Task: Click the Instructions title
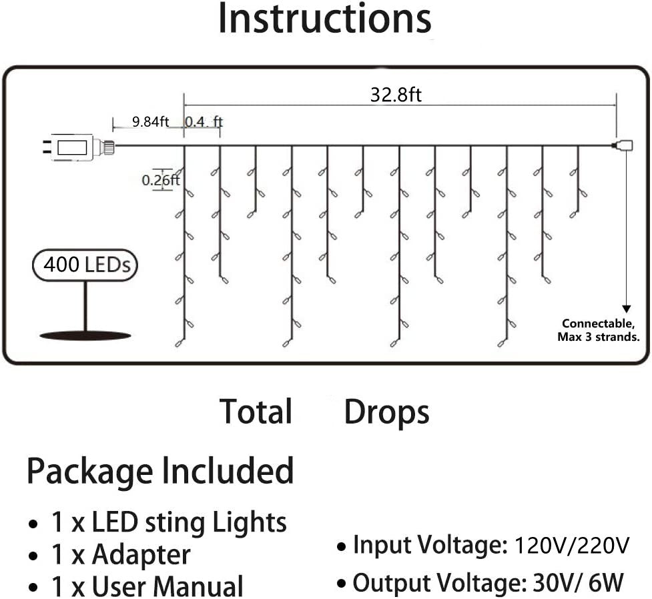tap(324, 19)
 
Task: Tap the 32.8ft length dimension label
tap(396, 95)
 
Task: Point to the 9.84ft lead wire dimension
tap(150, 121)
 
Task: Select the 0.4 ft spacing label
tap(203, 121)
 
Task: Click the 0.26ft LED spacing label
tap(160, 179)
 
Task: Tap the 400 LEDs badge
tap(86, 265)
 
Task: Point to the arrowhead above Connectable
tap(626, 308)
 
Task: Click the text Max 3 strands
tap(599, 338)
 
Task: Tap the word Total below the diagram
tap(256, 412)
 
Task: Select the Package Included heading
tap(160, 472)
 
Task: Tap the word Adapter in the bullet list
tap(141, 554)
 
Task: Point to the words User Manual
tap(167, 586)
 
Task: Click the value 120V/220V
tap(572, 546)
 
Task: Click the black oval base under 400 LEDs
tap(85, 335)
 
